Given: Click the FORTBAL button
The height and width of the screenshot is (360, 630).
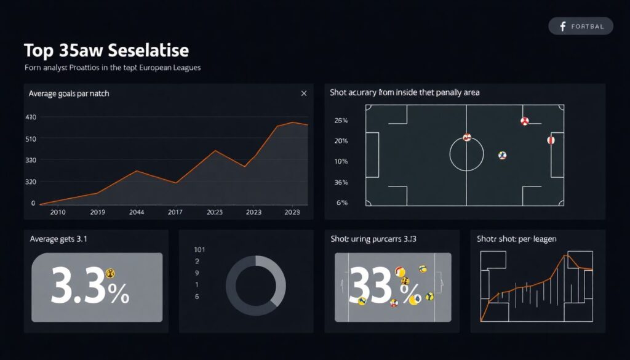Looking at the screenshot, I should pyautogui.click(x=580, y=26).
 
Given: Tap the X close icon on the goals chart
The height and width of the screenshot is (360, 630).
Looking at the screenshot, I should pyautogui.click(x=303, y=94).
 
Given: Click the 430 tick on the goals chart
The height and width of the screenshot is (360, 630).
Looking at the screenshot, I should pyautogui.click(x=30, y=117).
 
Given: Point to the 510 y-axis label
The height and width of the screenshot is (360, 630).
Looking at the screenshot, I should pyautogui.click(x=30, y=139).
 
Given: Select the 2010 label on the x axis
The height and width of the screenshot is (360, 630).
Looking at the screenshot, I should pyautogui.click(x=58, y=212).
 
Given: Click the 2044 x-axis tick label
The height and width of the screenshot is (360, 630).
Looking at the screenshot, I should pyautogui.click(x=137, y=212).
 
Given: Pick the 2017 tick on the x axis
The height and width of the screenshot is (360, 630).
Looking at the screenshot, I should pyautogui.click(x=175, y=212).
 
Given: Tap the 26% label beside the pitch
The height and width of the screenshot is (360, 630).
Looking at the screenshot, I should pyautogui.click(x=341, y=121).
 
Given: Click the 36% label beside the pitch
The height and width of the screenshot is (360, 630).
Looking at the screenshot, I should pyautogui.click(x=341, y=183).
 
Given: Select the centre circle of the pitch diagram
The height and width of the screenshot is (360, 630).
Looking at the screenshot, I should pyautogui.click(x=466, y=154).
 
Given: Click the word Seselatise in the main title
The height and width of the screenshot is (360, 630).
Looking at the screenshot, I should pyautogui.click(x=147, y=50).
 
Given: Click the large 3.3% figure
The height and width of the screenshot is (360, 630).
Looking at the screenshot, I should pyautogui.click(x=90, y=286).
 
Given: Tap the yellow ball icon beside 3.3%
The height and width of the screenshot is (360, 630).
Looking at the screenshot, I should pyautogui.click(x=110, y=273).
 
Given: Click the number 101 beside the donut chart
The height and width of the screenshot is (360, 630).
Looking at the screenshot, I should pyautogui.click(x=199, y=250).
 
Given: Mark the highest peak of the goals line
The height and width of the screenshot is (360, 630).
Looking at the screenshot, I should pyautogui.click(x=292, y=122).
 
